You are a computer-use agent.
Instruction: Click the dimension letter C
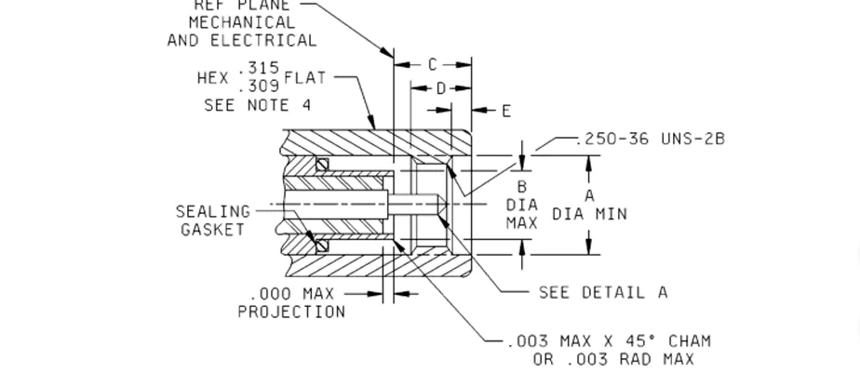tap(432, 65)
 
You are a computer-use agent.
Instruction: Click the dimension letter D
tap(441, 88)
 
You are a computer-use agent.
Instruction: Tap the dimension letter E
tap(506, 112)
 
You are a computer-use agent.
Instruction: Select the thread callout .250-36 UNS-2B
tap(650, 139)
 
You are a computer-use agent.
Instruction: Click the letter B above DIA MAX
tap(522, 187)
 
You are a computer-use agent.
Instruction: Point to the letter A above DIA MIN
tap(589, 195)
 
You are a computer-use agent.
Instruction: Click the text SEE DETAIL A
tap(603, 292)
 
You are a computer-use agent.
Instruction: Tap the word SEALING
tap(213, 212)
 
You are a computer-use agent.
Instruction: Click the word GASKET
tap(212, 229)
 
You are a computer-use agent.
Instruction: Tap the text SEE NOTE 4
tap(258, 106)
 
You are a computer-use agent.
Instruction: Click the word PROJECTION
tap(291, 312)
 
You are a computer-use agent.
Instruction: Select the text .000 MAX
tap(291, 294)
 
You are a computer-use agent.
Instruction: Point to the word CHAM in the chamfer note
tap(690, 341)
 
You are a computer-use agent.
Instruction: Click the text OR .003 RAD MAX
tap(613, 359)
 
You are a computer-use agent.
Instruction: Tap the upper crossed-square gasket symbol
tap(321, 166)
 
